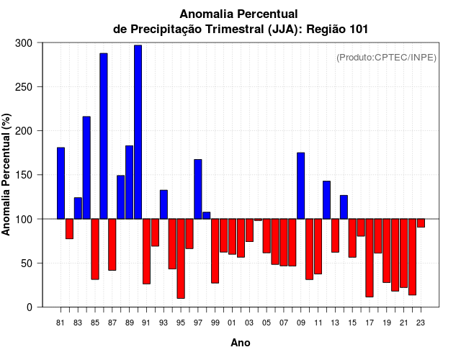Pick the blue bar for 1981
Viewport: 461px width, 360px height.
61,183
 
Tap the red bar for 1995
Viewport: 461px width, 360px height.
181,258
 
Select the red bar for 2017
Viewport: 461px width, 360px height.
370,257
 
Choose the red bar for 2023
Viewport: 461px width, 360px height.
421,223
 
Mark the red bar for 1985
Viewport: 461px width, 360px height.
95,248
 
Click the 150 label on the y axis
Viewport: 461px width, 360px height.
24,175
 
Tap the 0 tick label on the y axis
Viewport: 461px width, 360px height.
30,307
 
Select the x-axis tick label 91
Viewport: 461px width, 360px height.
146,323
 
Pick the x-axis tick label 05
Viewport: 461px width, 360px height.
267,323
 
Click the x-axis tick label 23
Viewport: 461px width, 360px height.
421,323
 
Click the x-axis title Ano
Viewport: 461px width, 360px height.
241,343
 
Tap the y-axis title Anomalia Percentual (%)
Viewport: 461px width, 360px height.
6,175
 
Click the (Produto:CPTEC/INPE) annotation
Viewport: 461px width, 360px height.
387,57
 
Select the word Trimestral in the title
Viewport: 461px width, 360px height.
233,30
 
